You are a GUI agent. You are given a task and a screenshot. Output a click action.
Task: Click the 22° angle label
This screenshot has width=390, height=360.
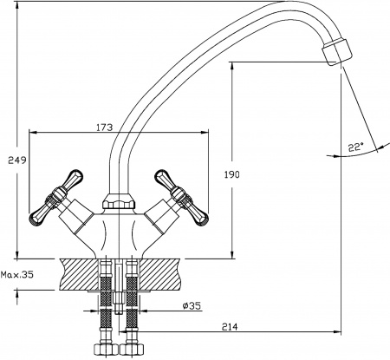[354, 147]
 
